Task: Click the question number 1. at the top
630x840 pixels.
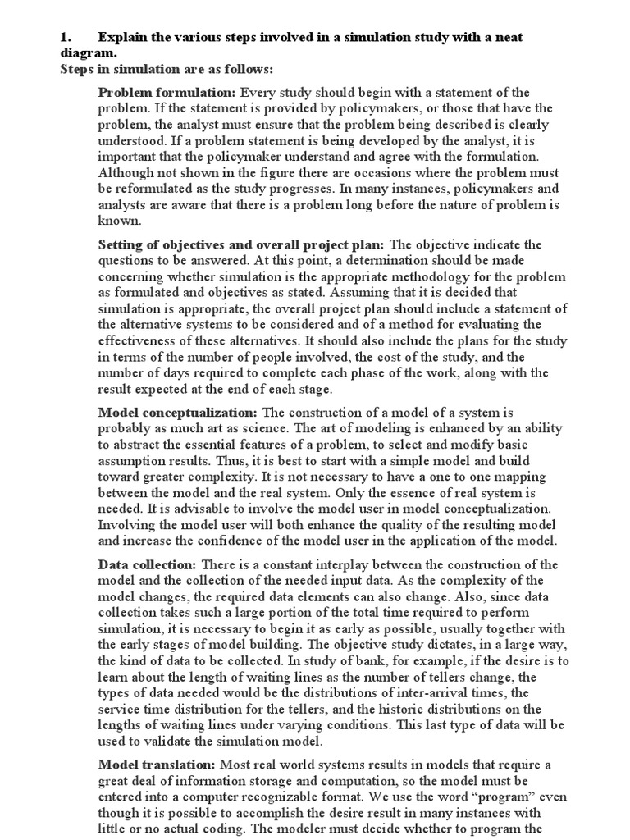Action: point(68,37)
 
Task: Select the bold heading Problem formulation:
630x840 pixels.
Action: point(167,92)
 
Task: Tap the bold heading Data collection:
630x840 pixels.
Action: point(147,565)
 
